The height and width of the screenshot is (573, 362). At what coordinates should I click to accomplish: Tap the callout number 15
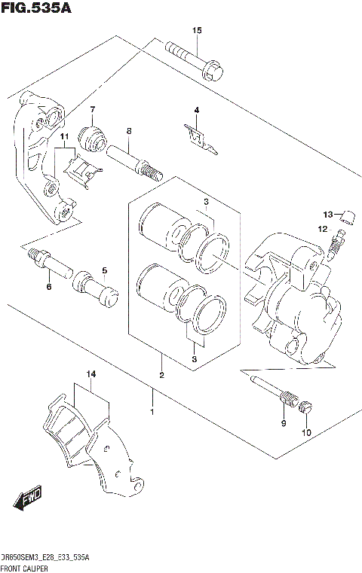click(197, 31)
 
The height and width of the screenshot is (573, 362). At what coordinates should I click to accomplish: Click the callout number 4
click(196, 111)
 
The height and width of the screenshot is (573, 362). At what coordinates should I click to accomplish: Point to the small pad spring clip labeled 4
click(200, 140)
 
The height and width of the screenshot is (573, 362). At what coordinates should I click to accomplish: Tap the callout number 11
click(66, 136)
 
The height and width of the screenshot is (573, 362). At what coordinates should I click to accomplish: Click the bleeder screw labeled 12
click(338, 244)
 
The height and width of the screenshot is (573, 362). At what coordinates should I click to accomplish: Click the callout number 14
click(90, 374)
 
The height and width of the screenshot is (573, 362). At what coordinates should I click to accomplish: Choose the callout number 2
click(161, 375)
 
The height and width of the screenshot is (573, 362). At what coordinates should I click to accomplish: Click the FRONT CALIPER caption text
click(27, 567)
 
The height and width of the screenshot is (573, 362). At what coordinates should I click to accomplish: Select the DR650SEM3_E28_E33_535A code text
click(44, 556)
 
